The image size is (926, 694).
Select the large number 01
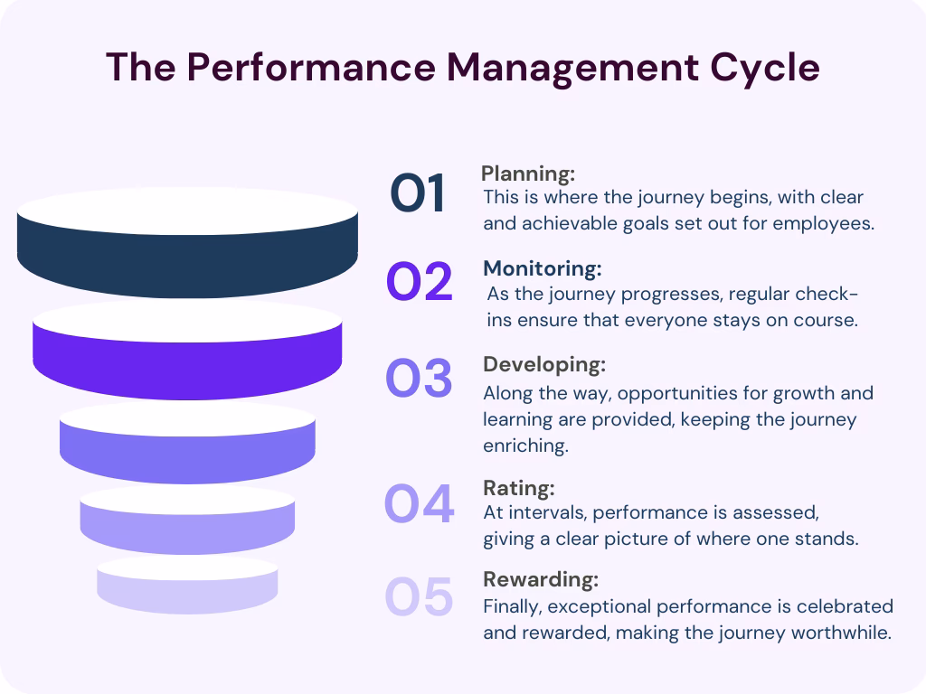(418, 194)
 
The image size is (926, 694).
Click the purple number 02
(419, 283)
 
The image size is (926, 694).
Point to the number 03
(419, 380)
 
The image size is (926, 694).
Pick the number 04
(419, 504)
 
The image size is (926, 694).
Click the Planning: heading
(528, 173)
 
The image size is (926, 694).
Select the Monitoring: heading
(543, 268)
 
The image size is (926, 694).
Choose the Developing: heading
(544, 364)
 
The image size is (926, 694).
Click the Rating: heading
(518, 489)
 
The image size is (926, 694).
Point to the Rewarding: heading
(541, 579)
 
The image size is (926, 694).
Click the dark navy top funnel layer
(187, 258)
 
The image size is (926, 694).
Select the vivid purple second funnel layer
(187, 357)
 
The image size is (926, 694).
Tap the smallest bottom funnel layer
(187, 587)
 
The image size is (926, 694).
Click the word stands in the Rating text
(826, 539)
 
